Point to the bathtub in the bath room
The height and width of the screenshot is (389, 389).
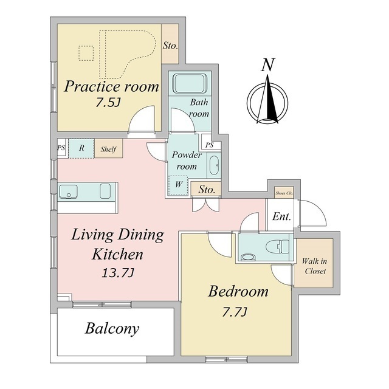pos(190,83)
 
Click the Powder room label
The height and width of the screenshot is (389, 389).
pos(186,160)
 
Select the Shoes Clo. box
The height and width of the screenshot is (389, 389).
pos(284,193)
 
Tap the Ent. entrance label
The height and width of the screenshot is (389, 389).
pos(281,216)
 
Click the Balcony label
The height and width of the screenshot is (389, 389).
pos(112,329)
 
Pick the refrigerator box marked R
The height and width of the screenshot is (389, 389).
pos(80,148)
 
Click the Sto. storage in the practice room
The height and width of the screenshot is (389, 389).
pos(170,44)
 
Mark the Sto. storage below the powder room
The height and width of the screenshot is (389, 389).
pos(207,190)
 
